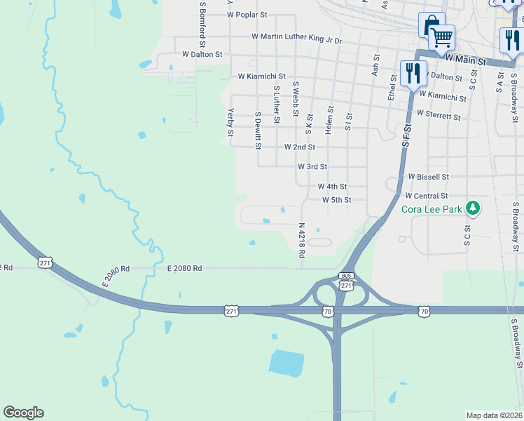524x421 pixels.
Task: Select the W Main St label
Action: [464, 61]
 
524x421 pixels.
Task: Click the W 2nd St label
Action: [299, 147]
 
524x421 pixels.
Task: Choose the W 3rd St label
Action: [312, 167]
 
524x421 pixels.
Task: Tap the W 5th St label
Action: [336, 200]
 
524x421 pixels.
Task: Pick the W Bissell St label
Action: [428, 177]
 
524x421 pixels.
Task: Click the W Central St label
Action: [426, 196]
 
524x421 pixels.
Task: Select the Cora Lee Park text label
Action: [432, 209]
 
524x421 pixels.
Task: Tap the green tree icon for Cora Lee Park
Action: [474, 208]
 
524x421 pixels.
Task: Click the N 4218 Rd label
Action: [302, 241]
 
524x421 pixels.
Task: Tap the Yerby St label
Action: [230, 122]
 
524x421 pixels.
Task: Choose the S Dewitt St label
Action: [258, 131]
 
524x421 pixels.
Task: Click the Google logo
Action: [24, 413]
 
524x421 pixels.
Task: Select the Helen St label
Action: [329, 120]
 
